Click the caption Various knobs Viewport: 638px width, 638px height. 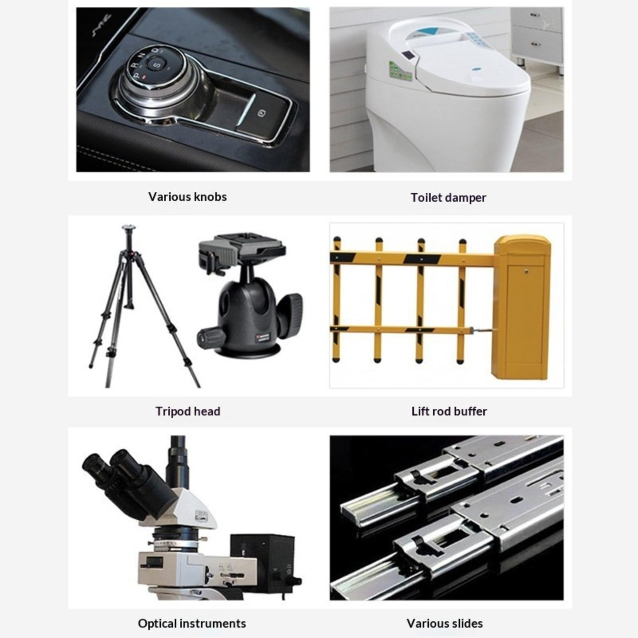(x=187, y=197)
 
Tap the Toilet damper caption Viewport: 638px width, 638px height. (x=448, y=197)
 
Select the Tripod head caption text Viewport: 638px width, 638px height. (x=188, y=411)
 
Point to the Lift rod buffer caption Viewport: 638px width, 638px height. (x=449, y=411)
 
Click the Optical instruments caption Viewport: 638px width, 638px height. (x=192, y=623)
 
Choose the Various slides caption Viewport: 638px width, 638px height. (x=445, y=623)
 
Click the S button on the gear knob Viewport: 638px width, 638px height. (x=157, y=64)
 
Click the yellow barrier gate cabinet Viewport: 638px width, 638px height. (x=522, y=307)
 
